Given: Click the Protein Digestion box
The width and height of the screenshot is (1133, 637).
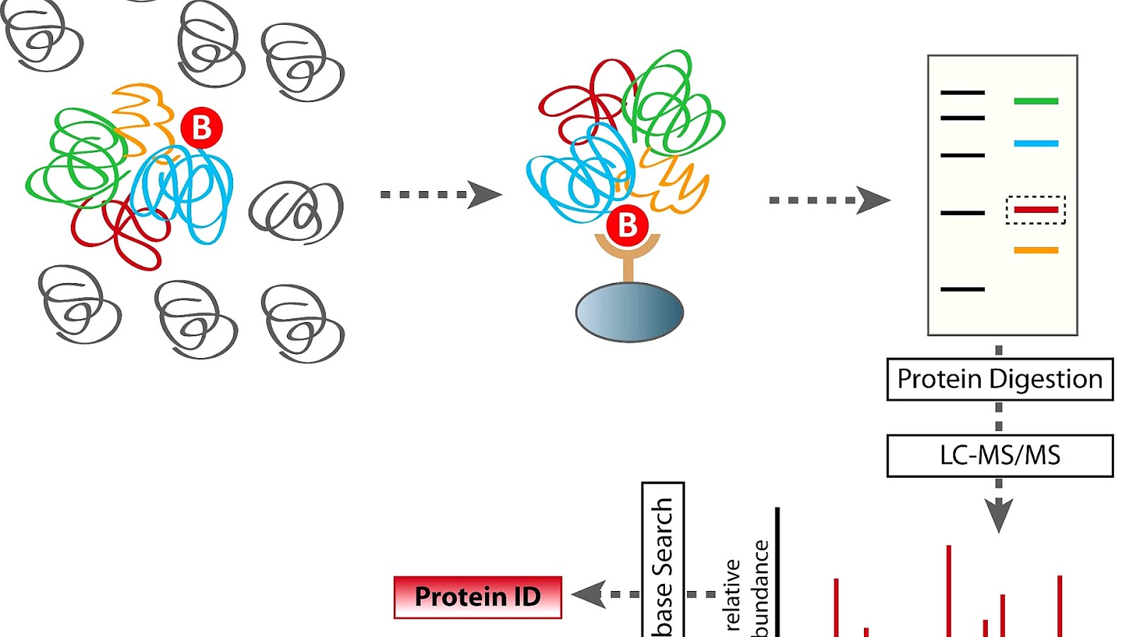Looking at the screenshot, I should point(999,379).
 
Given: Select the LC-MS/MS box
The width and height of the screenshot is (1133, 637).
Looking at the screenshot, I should point(999,455).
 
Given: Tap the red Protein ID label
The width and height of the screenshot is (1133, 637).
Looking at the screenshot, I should point(477,597).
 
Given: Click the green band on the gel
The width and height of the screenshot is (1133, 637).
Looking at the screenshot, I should point(1035,101).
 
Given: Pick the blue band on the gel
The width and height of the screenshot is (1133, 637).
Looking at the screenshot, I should point(1035,144).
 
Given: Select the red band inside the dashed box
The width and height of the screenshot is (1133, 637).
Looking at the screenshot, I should point(1035,210).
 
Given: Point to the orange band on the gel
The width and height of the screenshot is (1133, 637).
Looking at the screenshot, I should point(1035,250).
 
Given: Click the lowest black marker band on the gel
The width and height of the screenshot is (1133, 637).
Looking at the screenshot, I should point(962,289).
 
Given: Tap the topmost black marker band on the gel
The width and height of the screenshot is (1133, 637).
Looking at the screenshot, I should point(962,93).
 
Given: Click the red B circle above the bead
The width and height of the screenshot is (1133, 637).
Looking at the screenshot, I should point(627,226).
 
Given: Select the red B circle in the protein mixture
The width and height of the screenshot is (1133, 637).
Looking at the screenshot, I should point(202,128).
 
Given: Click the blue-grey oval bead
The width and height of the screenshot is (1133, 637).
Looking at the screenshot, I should point(629,312).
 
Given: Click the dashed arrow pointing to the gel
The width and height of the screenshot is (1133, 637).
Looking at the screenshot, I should point(829,200).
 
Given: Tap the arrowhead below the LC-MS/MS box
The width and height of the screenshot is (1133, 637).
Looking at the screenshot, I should point(998,515).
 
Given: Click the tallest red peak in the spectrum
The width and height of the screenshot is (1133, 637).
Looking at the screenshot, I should point(948,591).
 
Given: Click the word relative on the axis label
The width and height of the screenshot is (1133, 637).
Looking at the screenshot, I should point(732,595).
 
